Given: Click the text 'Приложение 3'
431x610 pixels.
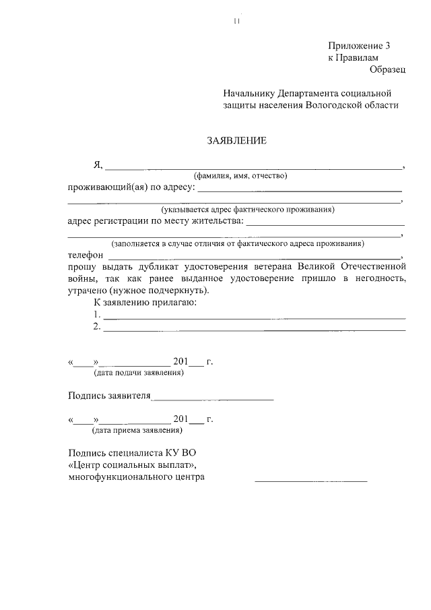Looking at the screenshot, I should coord(359,46).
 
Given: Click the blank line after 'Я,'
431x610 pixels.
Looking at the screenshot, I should coord(253,166).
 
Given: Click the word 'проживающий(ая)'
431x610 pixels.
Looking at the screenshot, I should coord(103,187).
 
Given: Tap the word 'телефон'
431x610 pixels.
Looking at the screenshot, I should coord(86,256).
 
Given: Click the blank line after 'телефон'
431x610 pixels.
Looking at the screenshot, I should coord(255,258).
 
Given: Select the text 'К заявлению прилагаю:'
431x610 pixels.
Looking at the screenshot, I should coord(144,303).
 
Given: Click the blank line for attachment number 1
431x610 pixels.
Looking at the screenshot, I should coord(254,316).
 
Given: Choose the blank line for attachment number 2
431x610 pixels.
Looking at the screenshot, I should coord(254,329).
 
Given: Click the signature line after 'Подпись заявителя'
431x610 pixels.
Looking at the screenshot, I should coord(213,398).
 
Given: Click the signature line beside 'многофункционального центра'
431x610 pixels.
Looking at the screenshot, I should coord(310,481).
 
